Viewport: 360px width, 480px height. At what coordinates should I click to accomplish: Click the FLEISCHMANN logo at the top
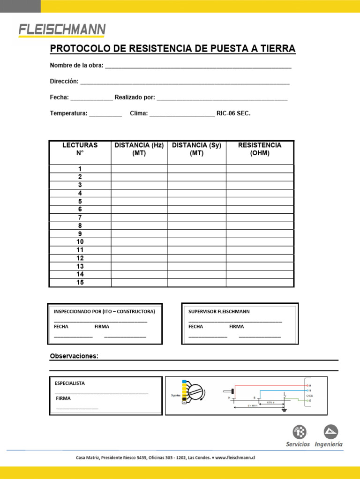[62, 30]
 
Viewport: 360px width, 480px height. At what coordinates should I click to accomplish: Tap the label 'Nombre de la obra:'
[76, 65]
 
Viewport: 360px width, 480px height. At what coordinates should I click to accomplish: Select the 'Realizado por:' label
[135, 97]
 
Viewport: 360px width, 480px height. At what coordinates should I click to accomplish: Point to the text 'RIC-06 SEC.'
[233, 113]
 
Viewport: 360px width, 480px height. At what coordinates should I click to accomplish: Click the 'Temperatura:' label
[68, 113]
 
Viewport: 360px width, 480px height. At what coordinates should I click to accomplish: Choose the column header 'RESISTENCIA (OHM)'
[260, 149]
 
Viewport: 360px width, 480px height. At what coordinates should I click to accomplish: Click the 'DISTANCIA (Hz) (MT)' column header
[139, 149]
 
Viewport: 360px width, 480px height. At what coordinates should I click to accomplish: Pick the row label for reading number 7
[80, 217]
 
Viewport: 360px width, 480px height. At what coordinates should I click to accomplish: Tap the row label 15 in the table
[80, 282]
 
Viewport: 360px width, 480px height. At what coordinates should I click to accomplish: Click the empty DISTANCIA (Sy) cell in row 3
[196, 185]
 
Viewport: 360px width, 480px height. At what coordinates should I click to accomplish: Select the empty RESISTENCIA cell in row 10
[260, 242]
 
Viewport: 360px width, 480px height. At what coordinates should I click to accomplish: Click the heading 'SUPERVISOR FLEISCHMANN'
[219, 311]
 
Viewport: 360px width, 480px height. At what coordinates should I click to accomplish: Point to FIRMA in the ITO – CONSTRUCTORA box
[102, 326]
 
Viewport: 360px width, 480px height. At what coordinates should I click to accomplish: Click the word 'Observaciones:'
[74, 356]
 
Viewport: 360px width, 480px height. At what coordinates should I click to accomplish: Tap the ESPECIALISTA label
[70, 383]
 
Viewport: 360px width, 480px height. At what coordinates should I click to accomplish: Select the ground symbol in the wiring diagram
[284, 410]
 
